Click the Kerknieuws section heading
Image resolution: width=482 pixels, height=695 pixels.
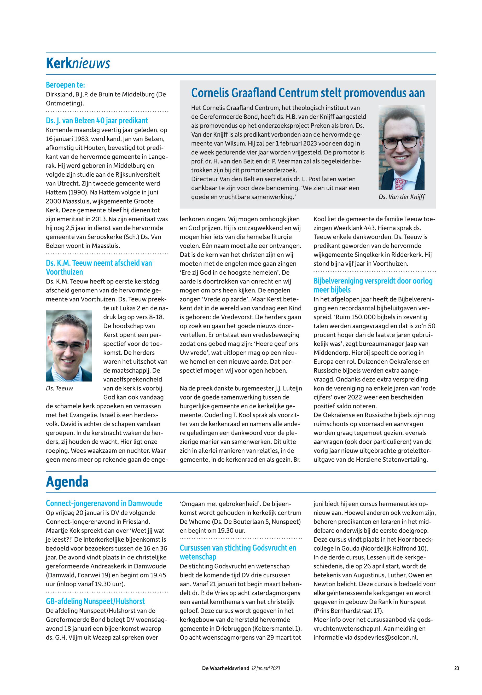click(78, 64)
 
